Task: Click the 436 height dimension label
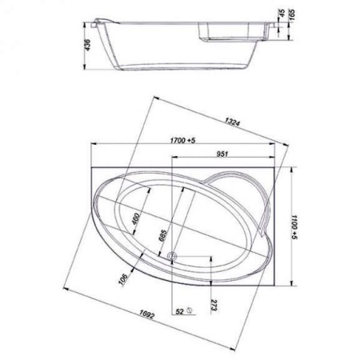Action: tap(87, 45)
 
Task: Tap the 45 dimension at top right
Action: tap(282, 12)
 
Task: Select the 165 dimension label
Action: tap(291, 13)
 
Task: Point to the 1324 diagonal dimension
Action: tap(233, 122)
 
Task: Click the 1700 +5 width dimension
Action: tap(183, 140)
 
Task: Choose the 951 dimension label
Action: tap(222, 154)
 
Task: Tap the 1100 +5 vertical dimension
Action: tap(294, 227)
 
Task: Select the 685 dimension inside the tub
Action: tap(162, 235)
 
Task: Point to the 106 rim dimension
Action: tap(123, 279)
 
